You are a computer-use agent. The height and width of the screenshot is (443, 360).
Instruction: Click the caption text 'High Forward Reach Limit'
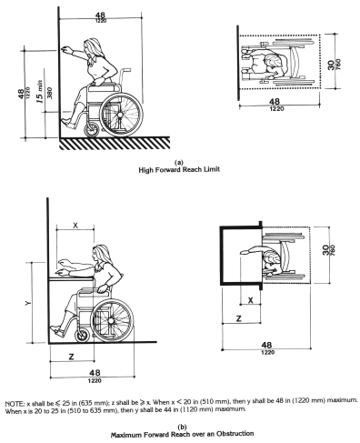point(179,169)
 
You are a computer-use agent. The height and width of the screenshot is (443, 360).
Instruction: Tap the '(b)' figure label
point(182,428)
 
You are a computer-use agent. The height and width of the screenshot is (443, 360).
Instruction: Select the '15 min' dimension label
point(40,92)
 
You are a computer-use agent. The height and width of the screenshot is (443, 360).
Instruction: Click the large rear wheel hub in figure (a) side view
point(120,115)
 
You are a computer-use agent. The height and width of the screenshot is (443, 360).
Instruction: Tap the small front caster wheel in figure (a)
point(91,131)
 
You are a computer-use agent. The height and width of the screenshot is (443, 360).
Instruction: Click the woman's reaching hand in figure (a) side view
point(65,50)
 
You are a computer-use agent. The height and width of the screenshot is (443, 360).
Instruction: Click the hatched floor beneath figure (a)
point(115,143)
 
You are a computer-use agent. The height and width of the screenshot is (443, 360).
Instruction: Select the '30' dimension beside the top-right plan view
point(331,65)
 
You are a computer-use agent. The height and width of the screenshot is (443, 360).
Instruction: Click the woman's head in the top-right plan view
point(275,62)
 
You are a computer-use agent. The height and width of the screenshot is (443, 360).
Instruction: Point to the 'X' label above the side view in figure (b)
point(75,225)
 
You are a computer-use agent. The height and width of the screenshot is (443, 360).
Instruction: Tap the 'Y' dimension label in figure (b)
point(28,303)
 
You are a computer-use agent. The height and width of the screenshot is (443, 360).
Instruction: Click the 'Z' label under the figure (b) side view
point(72,357)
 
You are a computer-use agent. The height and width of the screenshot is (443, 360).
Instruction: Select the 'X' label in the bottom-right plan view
point(251,300)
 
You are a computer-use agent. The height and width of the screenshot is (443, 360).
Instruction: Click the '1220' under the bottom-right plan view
point(267,352)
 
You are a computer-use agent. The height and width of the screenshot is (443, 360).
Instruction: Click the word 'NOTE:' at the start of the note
point(15,404)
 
